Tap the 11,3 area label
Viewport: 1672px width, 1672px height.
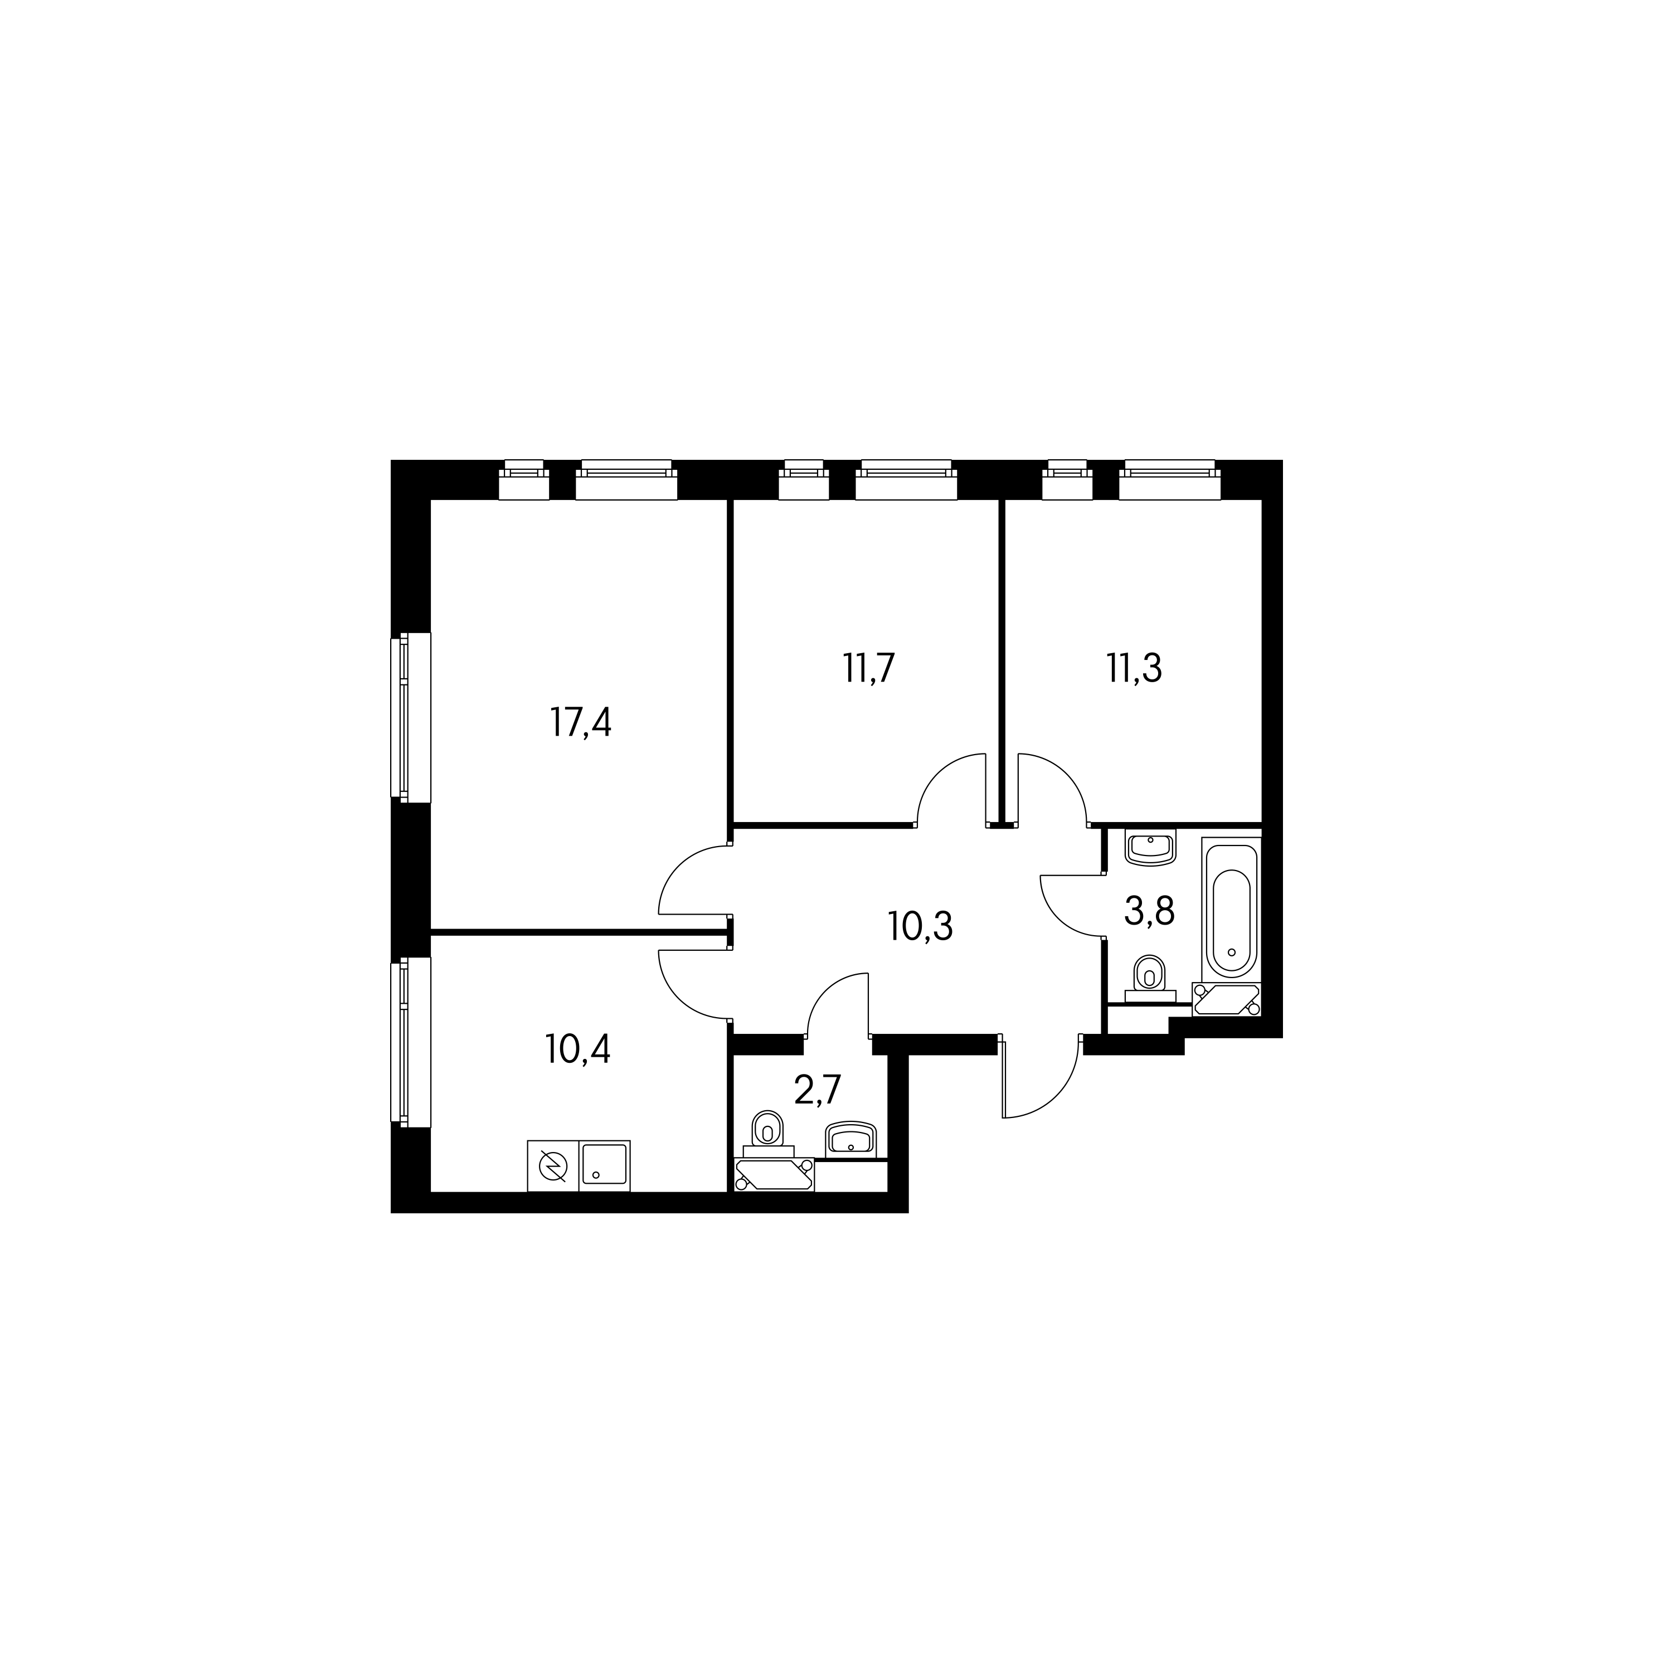click(1134, 669)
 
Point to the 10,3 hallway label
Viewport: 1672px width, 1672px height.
click(920, 927)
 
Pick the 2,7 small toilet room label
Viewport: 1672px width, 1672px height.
click(818, 1091)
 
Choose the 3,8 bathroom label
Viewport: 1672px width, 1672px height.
click(1149, 911)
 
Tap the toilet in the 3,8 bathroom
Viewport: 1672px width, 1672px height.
click(1149, 979)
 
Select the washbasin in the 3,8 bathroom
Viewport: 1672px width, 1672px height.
click(1150, 847)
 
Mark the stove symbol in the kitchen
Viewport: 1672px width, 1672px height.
click(553, 1166)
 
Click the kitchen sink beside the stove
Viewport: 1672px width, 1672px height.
click(605, 1166)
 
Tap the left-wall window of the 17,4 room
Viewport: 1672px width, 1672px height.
click(410, 717)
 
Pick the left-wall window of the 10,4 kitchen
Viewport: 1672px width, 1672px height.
click(410, 1042)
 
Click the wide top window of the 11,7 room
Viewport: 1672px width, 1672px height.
click(906, 479)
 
